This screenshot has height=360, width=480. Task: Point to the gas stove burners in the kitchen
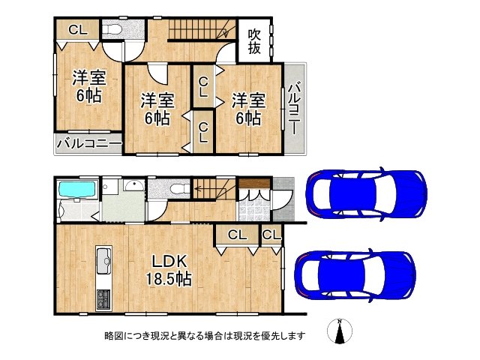(103, 297)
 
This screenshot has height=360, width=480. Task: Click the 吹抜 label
(255, 41)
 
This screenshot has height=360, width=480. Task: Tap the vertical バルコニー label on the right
(295, 109)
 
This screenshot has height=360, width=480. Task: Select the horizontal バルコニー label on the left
(88, 142)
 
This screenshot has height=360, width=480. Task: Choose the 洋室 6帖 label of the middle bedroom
(157, 109)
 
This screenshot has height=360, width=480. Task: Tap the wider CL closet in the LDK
(236, 235)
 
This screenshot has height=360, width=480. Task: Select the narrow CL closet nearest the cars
(271, 235)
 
